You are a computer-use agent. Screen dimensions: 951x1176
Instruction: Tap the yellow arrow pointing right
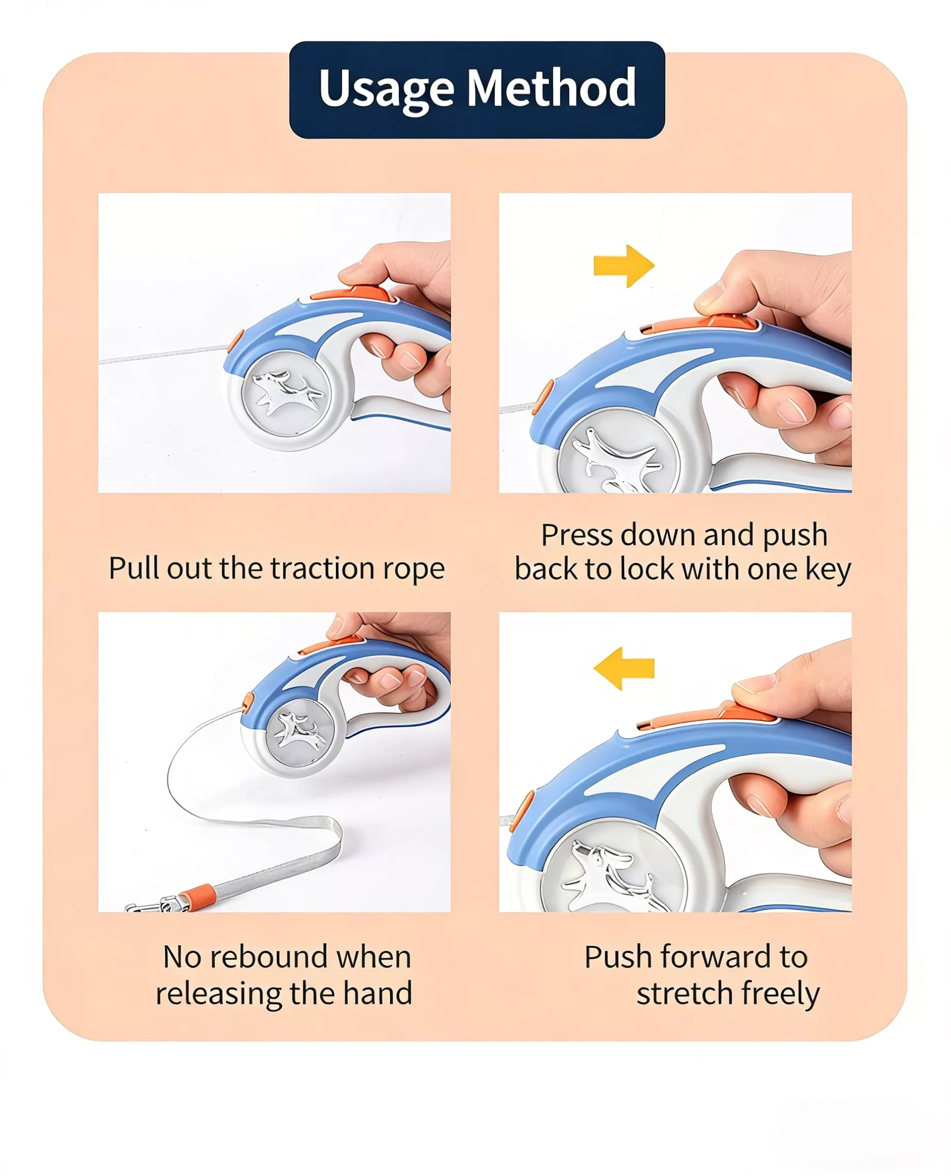pos(623,266)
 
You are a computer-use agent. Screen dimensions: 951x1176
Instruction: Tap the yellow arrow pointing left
pos(623,668)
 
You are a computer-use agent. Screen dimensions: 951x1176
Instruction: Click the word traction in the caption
pos(320,568)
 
